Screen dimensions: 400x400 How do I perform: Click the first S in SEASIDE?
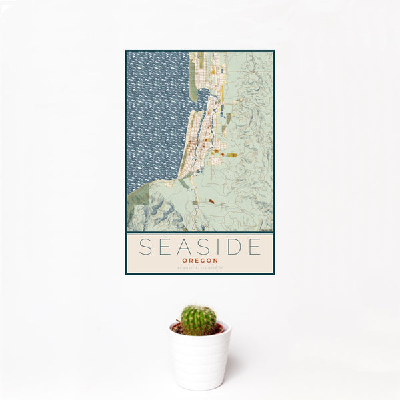[x=145, y=247]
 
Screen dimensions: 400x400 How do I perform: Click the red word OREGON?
[x=199, y=261]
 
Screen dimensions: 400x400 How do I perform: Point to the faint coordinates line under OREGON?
[x=199, y=268]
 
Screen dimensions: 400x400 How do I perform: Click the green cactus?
[x=199, y=320]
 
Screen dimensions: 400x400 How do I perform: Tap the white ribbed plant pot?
[x=199, y=360]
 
